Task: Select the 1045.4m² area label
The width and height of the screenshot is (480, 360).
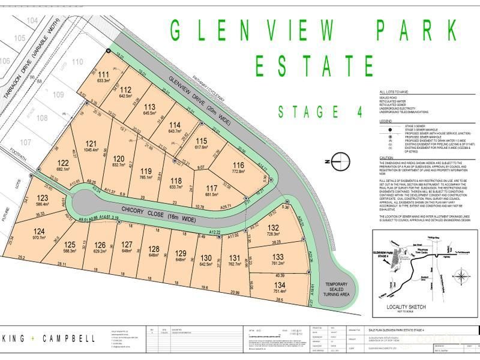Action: tap(91, 150)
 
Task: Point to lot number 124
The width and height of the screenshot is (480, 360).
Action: tap(40, 232)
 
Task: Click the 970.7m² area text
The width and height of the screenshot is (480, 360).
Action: tap(40, 238)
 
